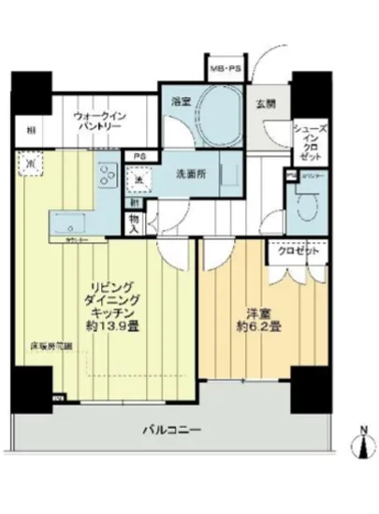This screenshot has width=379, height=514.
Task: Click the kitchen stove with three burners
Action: pyautogui.click(x=104, y=177)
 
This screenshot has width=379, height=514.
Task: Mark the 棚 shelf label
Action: pyautogui.click(x=32, y=130)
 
